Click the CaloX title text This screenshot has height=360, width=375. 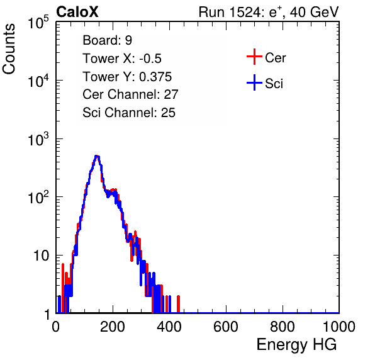click(77, 12)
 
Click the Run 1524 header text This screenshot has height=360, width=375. click(269, 12)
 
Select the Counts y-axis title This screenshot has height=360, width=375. click(9, 49)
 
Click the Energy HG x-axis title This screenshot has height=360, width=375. click(296, 345)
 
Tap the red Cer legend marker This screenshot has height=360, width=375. click(254, 57)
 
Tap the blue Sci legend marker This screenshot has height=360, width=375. click(254, 82)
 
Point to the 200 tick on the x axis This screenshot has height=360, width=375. click(113, 327)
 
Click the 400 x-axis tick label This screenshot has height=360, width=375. click(169, 327)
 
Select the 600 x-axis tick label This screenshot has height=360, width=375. click(226, 327)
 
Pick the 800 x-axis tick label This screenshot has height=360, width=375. click(283, 327)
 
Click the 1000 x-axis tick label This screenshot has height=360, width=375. click(339, 327)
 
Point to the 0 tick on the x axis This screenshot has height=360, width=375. click(56, 327)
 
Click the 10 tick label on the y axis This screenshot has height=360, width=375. click(42, 256)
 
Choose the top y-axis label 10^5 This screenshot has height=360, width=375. click(38, 22)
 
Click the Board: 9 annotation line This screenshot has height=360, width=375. click(107, 40)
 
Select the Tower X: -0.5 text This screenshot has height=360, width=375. click(122, 59)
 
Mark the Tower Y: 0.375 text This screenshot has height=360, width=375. click(127, 77)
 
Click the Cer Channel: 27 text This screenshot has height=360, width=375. click(130, 94)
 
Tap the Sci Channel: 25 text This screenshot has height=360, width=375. click(129, 113)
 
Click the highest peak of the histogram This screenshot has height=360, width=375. click(97, 156)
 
